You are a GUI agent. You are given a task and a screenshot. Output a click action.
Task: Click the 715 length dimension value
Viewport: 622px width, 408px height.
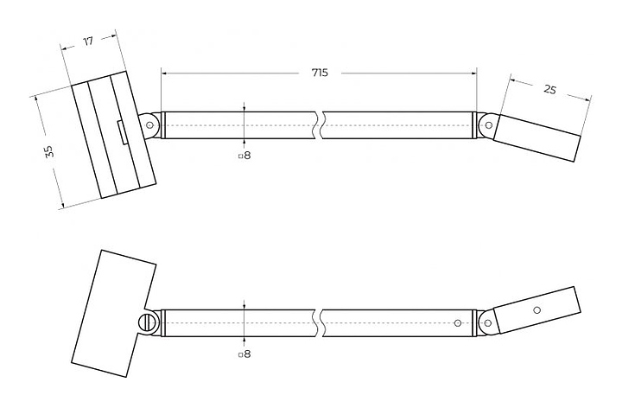pos(320,73)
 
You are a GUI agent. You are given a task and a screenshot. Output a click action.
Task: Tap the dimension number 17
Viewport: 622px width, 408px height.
pos(89,41)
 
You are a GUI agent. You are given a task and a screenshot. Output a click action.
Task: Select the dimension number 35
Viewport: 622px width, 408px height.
pos(49,151)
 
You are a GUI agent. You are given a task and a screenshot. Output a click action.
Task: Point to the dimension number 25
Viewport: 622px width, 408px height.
pos(550,89)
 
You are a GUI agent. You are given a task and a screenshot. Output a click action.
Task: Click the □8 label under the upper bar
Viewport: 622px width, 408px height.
pos(244,156)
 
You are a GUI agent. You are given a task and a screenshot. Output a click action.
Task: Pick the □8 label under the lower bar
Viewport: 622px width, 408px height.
pos(244,354)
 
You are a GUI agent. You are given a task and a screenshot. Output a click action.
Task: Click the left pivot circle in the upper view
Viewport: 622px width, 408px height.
pos(151,124)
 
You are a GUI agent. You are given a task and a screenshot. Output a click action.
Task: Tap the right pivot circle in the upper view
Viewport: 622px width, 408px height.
pos(488,125)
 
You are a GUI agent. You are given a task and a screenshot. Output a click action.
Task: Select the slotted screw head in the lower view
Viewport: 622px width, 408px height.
pos(148,323)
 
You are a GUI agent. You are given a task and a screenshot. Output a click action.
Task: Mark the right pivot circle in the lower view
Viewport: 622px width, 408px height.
pos(488,323)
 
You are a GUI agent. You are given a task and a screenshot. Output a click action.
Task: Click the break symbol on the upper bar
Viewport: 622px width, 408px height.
pos(321,124)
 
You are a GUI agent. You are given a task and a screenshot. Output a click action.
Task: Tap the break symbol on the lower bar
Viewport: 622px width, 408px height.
pos(321,322)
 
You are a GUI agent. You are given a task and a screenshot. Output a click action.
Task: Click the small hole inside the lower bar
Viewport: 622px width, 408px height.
pos(458,323)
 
